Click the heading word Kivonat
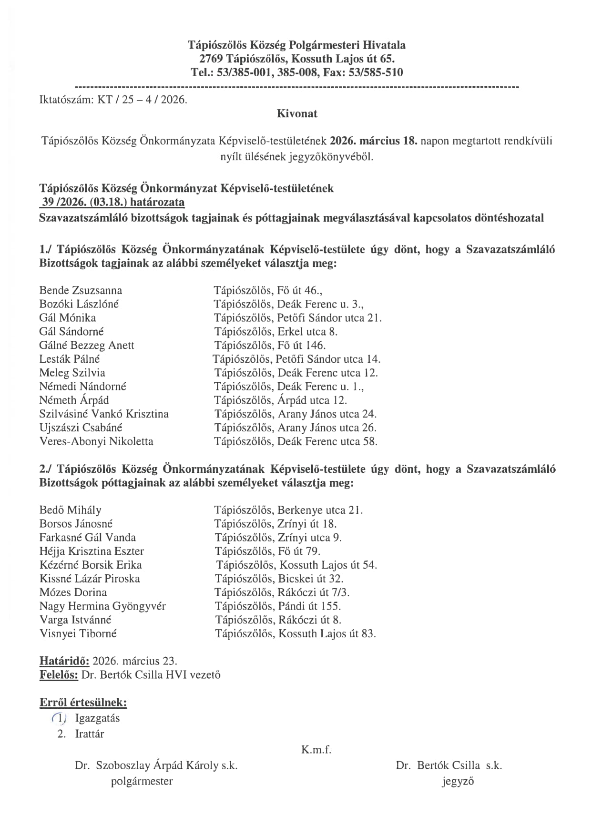point(296,113)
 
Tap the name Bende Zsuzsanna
point(81,290)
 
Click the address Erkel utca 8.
point(307,331)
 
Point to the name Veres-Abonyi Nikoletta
point(96,441)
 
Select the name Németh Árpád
point(74,400)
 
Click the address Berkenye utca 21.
point(320,510)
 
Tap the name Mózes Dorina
point(73,592)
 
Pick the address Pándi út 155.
point(309,606)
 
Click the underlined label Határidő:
point(64,661)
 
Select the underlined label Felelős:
point(59,675)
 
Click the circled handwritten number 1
point(60,718)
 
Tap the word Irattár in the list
point(89,734)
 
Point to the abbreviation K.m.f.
point(316,749)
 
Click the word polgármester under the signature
point(142,781)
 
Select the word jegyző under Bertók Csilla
point(458,781)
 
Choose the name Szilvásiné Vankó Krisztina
point(104,414)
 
